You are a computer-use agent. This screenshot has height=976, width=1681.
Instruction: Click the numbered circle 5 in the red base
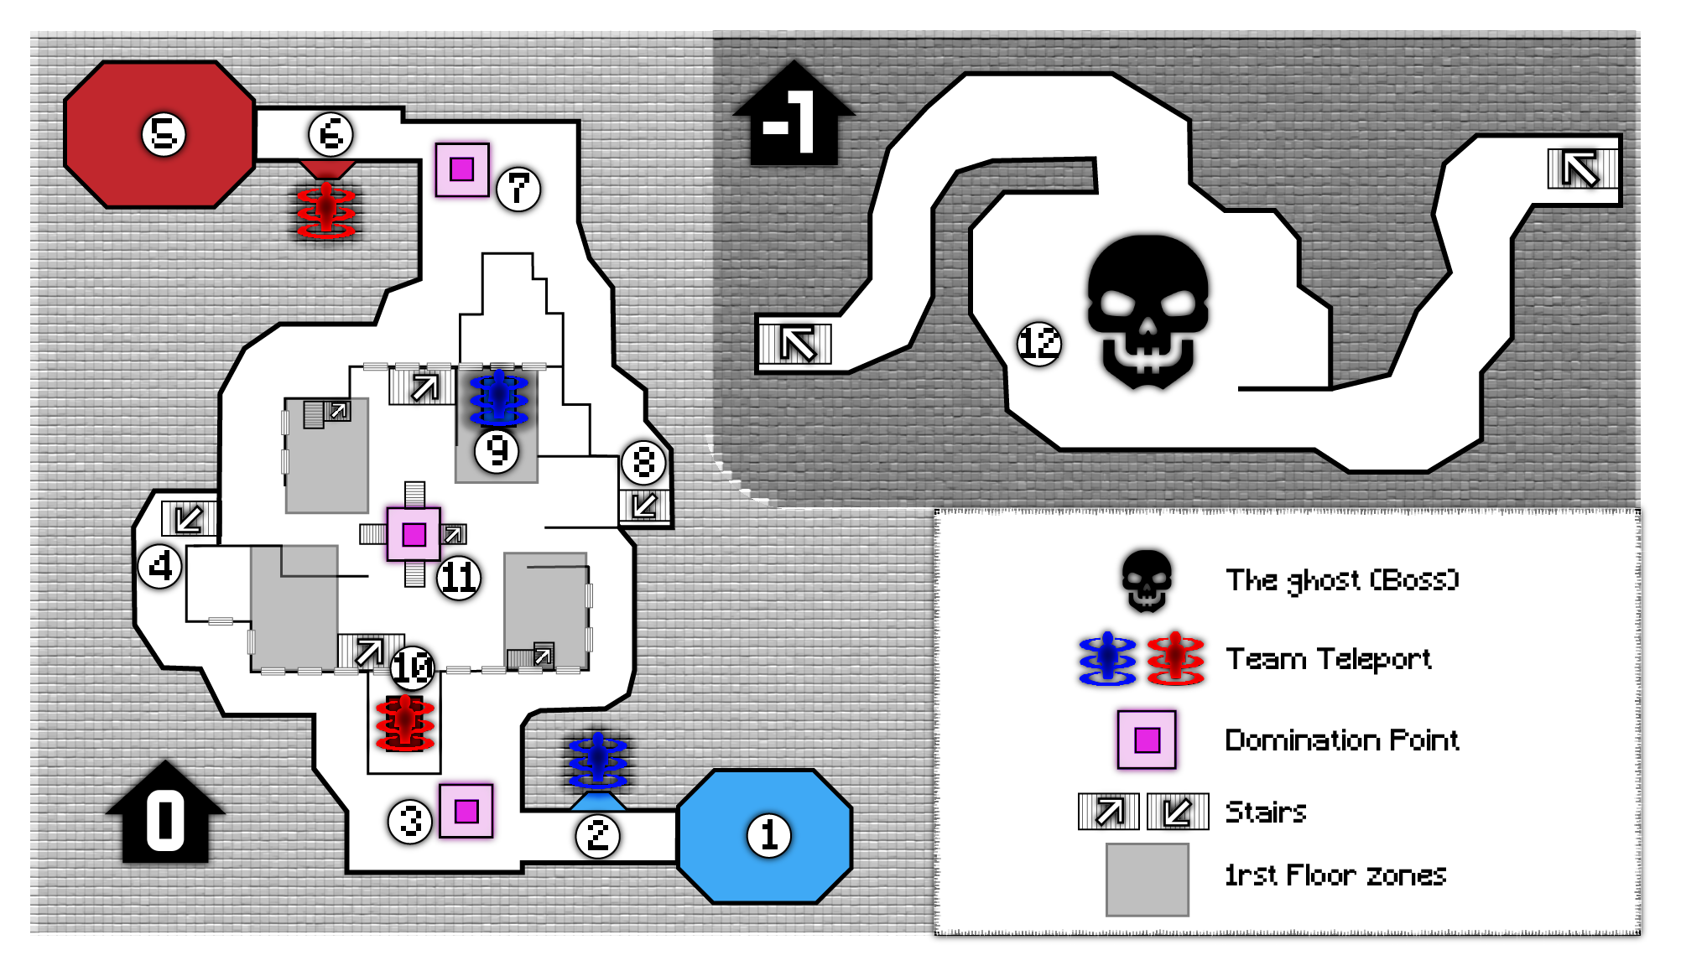coord(164,134)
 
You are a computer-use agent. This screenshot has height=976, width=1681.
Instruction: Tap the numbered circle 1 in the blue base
coord(769,835)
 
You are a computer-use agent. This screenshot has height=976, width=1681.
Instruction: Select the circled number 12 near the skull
coord(1039,343)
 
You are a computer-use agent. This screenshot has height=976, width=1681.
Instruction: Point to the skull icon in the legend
coord(1147,579)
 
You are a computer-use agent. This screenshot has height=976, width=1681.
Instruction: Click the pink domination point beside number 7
coord(462,169)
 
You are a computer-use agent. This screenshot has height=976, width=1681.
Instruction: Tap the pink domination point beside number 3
coord(466,811)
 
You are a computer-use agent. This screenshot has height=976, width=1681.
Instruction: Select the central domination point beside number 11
coord(414,534)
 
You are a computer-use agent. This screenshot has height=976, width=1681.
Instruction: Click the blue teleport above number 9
coord(499,398)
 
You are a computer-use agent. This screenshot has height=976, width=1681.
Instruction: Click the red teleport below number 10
coord(405,722)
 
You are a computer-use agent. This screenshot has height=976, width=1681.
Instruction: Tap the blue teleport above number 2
coord(598,761)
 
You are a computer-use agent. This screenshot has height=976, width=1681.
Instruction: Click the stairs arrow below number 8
coord(644,505)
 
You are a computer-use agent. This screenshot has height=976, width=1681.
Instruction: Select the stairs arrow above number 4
coord(189,518)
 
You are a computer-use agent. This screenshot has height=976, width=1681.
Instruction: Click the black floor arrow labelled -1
coord(794,112)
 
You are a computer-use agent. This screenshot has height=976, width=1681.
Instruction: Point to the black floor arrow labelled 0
coord(166,812)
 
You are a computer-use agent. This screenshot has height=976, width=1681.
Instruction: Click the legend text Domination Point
coord(1342,740)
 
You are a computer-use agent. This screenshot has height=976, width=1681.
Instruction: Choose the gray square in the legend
coord(1147,880)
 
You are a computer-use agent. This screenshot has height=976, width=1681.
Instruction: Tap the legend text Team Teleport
coord(1329,659)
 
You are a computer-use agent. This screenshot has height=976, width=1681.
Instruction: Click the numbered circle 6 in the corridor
coord(331,134)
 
